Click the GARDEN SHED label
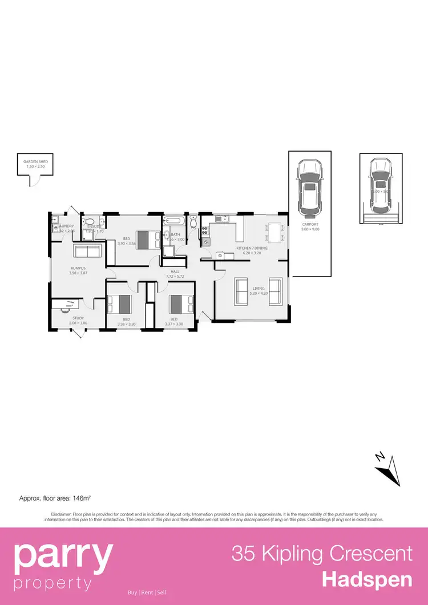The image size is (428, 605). coord(35,162)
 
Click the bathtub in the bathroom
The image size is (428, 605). coord(172,221)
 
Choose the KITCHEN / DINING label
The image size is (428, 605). coord(252,248)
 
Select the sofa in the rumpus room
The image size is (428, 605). coord(87,251)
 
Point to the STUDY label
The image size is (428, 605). coord(78,318)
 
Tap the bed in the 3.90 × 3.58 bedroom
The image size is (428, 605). coord(150,238)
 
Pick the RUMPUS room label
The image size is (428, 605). coord(78,267)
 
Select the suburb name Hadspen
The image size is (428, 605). coord(367,579)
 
